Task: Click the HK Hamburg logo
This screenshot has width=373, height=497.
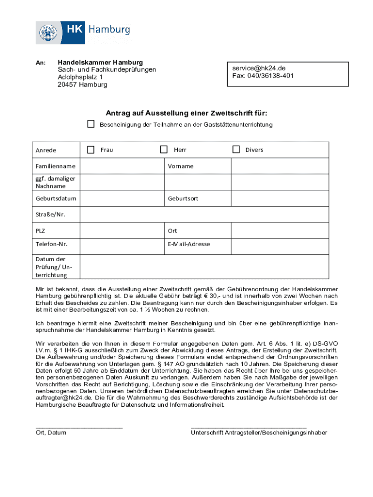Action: (83, 33)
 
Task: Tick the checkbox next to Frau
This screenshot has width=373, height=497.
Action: (91, 149)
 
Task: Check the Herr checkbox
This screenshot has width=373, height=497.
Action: (164, 149)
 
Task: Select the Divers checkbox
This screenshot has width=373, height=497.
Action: (236, 149)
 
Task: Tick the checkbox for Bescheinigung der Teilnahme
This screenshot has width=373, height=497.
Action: (91, 124)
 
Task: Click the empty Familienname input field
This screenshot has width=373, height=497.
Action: (122, 166)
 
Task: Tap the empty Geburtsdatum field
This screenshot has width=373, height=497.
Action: (122, 199)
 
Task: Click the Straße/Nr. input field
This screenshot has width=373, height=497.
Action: (204, 215)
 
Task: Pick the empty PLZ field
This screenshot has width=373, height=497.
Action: (122, 231)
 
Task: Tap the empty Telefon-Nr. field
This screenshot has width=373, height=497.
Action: (122, 244)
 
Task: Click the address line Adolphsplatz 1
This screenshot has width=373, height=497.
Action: (80, 77)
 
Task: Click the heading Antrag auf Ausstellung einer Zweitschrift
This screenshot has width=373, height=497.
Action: (186, 114)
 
